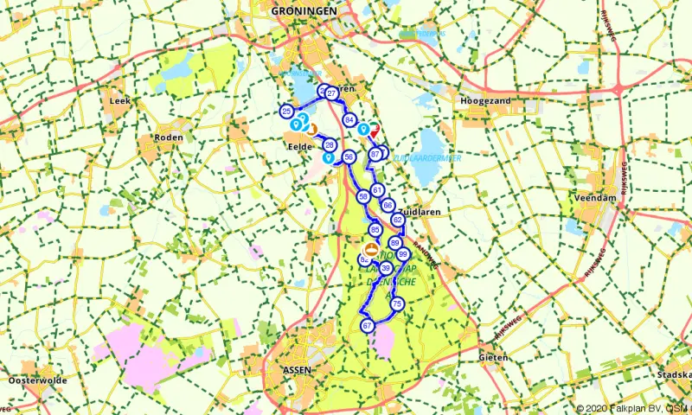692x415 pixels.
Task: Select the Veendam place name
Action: coord(594,198)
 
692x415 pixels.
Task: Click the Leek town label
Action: coord(119,101)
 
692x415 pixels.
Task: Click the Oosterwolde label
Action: coord(36,380)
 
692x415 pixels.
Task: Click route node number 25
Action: coord(286,112)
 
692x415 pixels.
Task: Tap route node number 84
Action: coord(349,119)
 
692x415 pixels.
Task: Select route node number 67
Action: coord(368,325)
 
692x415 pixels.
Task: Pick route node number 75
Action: coord(397,304)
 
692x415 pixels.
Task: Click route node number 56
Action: coord(349,156)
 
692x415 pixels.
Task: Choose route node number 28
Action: coord(330,145)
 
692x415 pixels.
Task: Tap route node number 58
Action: coord(363,197)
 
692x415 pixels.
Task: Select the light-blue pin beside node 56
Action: coord(328,158)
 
